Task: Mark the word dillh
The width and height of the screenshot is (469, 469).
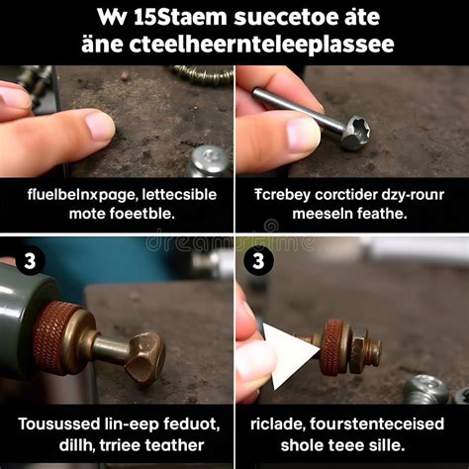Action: (62, 445)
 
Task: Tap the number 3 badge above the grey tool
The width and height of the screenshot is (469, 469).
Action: (29, 261)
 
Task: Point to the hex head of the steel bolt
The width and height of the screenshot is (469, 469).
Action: (353, 131)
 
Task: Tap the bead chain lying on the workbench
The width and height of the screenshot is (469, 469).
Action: (203, 72)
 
